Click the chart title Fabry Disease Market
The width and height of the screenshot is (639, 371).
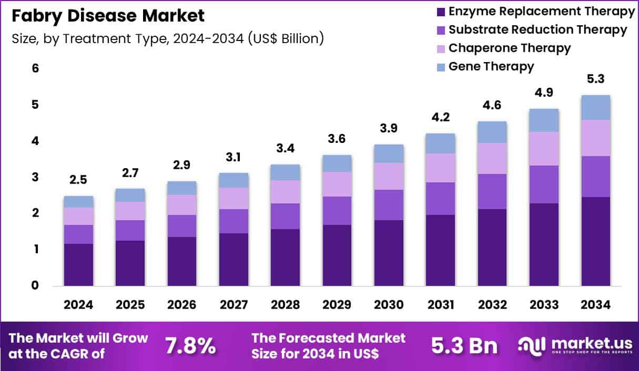[x=108, y=16]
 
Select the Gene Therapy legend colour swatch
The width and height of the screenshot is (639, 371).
[x=440, y=67]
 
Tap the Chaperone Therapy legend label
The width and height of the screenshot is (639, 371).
[x=509, y=48]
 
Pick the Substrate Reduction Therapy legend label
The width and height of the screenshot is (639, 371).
[x=537, y=30]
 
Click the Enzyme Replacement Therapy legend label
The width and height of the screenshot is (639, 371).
[x=541, y=11]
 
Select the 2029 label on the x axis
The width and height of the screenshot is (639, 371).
[x=337, y=305]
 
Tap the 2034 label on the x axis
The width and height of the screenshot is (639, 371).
[x=596, y=305]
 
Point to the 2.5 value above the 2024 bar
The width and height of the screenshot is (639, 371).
[x=78, y=181]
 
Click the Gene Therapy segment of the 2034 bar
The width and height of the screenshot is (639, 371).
[x=596, y=107]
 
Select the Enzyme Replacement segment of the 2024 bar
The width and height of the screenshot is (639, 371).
[x=78, y=265]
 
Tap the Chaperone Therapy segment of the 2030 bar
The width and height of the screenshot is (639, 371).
[x=389, y=176]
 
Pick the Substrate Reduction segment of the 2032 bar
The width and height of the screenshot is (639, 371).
[x=492, y=191]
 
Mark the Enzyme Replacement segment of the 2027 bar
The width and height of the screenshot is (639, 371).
[x=234, y=260]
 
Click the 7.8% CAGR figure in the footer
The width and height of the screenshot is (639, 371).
[x=190, y=346]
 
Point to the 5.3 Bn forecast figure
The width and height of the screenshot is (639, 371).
[x=464, y=346]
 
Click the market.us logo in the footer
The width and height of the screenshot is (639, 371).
[x=571, y=345]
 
